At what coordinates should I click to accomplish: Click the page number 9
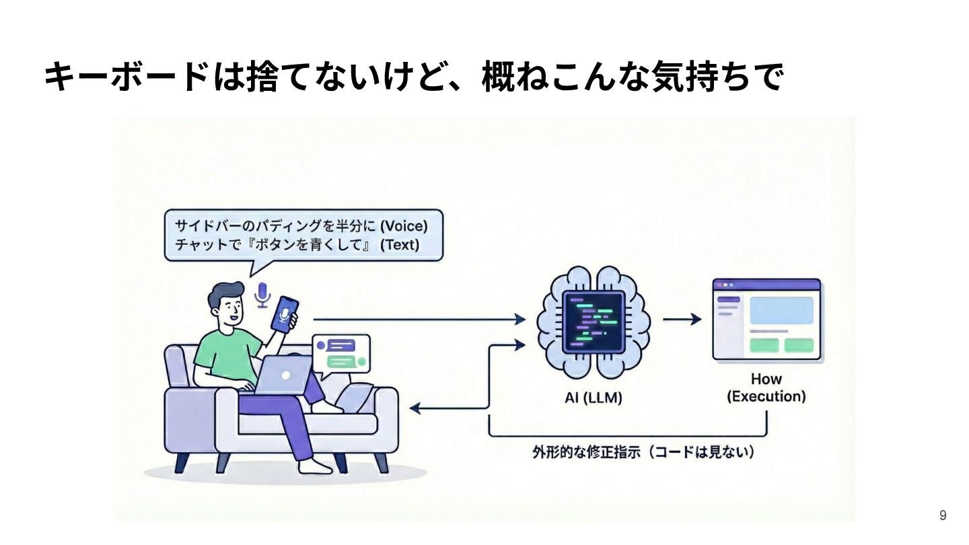[x=943, y=515]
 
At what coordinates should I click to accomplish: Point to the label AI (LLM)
[x=594, y=398]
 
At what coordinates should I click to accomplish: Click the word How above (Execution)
[x=766, y=379]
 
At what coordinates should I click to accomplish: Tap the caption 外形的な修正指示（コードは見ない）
[x=643, y=452]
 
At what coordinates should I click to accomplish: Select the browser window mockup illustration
[x=766, y=320]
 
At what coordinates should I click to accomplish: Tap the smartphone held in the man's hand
[x=285, y=314]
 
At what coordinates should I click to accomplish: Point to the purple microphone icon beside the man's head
[x=262, y=295]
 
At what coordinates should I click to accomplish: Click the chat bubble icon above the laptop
[x=341, y=354]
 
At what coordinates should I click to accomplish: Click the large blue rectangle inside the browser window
[x=781, y=310]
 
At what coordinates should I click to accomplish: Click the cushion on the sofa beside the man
[x=355, y=396]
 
